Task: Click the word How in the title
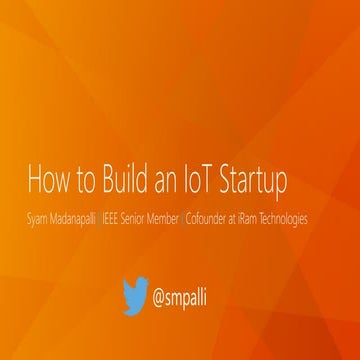click(42, 183)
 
